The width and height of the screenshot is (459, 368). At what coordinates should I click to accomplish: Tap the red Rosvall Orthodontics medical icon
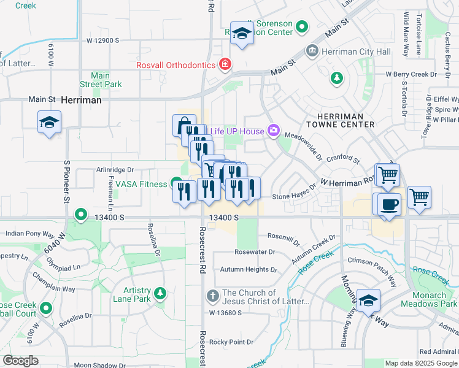coord(225,64)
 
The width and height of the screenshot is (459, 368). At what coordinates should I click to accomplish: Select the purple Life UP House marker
coord(273,131)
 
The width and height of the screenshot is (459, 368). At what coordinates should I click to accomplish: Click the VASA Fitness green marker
coord(177,184)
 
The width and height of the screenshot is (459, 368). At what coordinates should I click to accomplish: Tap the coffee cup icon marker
coord(390,204)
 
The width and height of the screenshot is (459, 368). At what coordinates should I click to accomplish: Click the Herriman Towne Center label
coord(345,120)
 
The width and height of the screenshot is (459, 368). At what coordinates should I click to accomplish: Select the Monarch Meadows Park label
coord(429,299)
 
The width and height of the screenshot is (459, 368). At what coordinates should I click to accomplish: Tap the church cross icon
coord(212,296)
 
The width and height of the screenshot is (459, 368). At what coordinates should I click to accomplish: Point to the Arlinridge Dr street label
coord(115,169)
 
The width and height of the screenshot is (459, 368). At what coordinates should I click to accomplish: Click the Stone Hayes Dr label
coord(294,196)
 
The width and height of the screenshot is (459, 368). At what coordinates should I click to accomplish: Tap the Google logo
coord(20,361)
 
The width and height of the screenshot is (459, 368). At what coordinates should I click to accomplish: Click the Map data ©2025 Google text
coord(421,363)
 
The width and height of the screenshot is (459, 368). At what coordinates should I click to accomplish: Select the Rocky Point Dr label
coord(231,342)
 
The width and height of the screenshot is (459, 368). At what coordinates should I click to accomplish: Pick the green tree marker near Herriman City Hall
coord(336,78)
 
